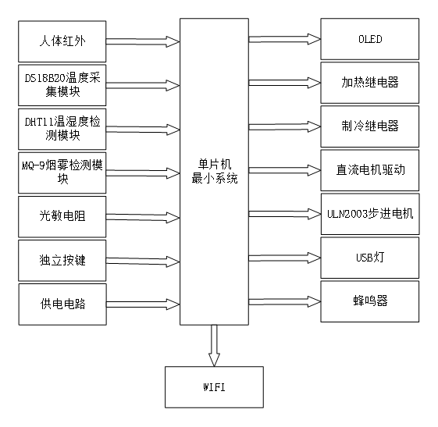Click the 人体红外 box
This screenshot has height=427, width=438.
point(62,40)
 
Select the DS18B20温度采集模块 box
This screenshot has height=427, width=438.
point(62,84)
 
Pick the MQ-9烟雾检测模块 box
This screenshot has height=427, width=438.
point(62,171)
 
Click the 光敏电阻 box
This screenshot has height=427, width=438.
point(62,215)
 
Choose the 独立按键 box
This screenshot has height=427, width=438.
point(62,259)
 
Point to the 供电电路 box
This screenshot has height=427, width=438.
point(62,303)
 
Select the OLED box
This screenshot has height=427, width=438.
point(369,40)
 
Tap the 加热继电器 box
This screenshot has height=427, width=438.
point(369,82)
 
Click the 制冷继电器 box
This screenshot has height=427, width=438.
point(369,125)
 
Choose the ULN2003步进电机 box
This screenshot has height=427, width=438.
point(369,213)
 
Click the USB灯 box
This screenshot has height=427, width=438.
point(369,256)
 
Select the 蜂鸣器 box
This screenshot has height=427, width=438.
point(369,301)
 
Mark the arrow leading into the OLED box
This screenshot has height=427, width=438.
point(284,38)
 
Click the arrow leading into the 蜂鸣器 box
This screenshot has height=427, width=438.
point(284,301)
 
